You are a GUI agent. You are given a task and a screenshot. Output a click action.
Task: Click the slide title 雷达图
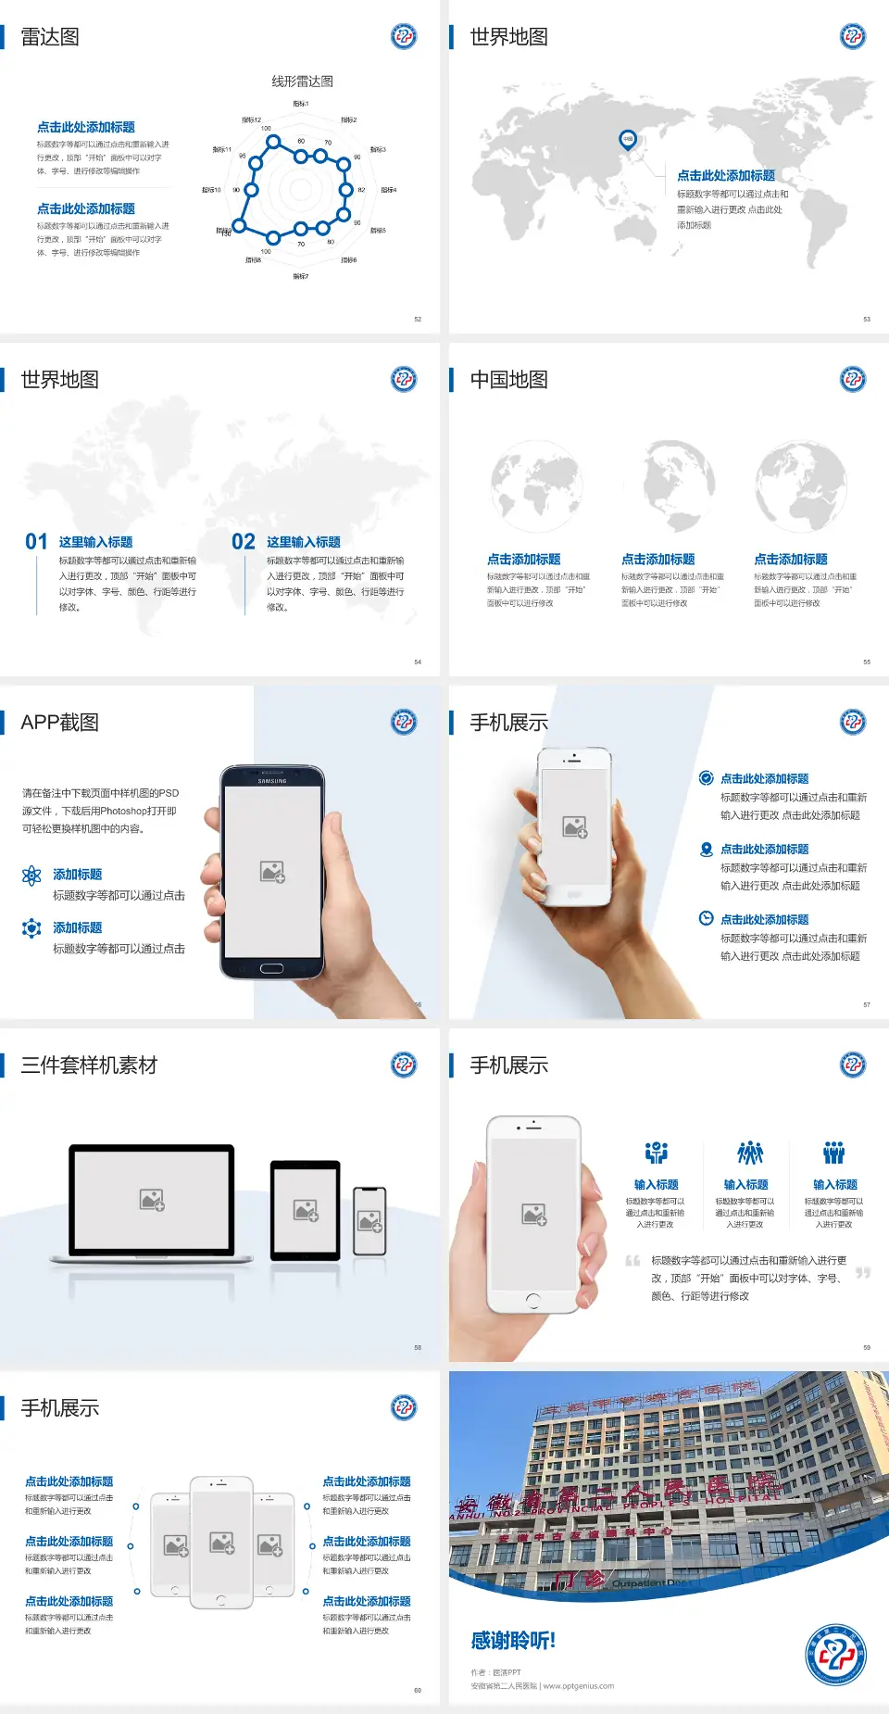tap(50, 37)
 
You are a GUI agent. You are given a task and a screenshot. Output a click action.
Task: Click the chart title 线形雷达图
tap(302, 82)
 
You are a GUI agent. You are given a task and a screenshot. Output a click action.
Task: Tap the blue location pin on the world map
tap(627, 139)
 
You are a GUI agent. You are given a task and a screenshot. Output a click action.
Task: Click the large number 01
tap(36, 542)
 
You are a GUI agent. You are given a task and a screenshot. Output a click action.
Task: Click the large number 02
tap(244, 542)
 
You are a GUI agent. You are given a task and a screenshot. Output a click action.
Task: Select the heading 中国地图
tap(508, 380)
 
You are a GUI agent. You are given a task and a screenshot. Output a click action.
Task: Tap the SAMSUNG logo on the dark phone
tap(272, 781)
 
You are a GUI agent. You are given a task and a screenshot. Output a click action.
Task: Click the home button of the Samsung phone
tap(271, 968)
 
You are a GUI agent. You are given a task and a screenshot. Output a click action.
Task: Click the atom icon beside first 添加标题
tap(31, 876)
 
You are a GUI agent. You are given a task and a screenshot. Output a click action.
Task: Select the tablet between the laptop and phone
tap(306, 1209)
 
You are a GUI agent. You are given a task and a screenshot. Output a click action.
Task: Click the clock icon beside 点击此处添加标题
tap(706, 918)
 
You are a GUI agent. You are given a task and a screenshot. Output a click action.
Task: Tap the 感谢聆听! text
tap(513, 1641)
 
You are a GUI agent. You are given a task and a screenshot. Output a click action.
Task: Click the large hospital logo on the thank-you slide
tap(835, 1655)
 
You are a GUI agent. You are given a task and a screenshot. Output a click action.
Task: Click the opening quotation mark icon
tap(632, 1261)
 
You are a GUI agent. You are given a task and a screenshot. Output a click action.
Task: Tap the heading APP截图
tap(60, 723)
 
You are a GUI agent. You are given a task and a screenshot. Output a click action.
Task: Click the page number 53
tap(867, 319)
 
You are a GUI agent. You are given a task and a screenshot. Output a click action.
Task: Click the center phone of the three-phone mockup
tap(221, 1542)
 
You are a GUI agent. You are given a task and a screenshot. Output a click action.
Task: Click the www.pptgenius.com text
tap(579, 1686)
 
